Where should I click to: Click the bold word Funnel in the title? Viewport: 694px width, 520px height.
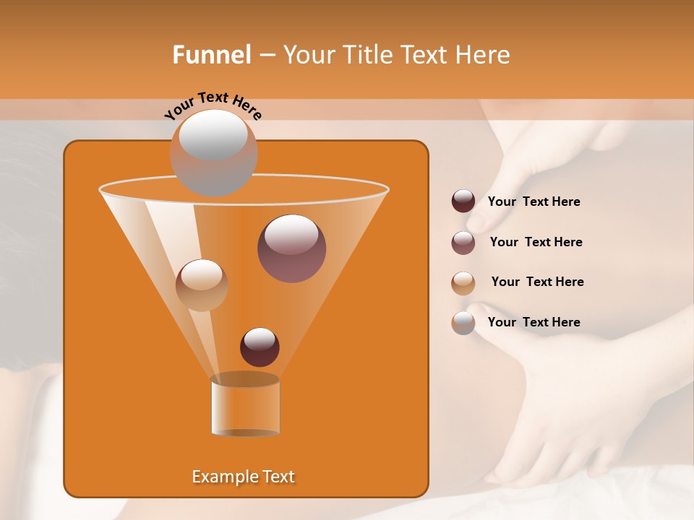[211, 55]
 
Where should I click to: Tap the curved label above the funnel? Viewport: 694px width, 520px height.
[213, 105]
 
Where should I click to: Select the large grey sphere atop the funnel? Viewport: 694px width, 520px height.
[213, 153]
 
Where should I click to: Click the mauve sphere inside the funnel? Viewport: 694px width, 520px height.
[291, 248]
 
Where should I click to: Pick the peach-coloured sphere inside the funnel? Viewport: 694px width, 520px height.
[202, 285]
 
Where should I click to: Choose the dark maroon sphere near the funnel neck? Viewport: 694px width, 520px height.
[260, 347]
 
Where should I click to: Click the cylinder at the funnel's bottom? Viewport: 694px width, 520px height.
[245, 407]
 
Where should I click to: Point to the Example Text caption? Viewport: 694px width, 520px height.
[243, 477]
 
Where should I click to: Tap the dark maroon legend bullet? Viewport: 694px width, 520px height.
[463, 201]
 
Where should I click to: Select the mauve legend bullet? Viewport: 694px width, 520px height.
[463, 243]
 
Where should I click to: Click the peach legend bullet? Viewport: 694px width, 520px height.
[463, 283]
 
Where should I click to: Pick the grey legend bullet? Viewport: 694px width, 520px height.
[463, 323]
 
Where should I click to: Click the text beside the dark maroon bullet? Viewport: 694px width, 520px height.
[534, 202]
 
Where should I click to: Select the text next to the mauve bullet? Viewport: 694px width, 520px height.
[536, 243]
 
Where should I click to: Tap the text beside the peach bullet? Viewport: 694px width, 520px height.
[537, 282]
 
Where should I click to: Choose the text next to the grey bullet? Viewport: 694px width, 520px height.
[534, 322]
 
